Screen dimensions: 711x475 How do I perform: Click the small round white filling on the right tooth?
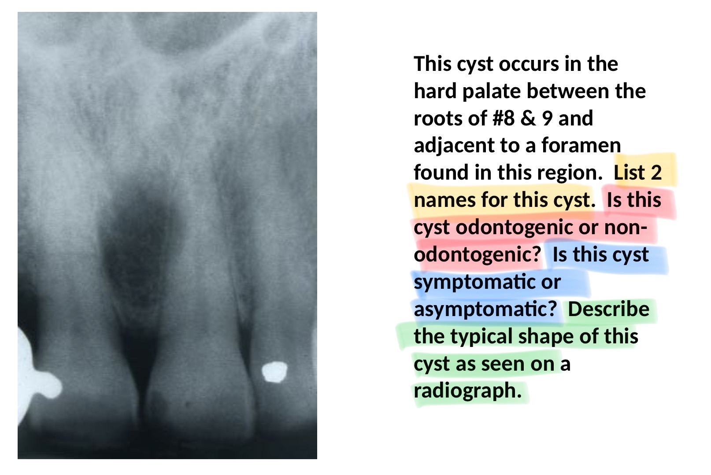(x=274, y=372)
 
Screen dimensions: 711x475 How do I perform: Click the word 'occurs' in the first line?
(x=529, y=64)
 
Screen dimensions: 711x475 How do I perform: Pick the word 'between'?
(x=568, y=91)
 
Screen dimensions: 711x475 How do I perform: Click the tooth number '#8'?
(x=503, y=118)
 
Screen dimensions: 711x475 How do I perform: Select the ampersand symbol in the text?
(x=528, y=118)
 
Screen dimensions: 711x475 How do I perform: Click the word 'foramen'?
(x=581, y=146)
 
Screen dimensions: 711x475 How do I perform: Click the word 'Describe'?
(x=608, y=309)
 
